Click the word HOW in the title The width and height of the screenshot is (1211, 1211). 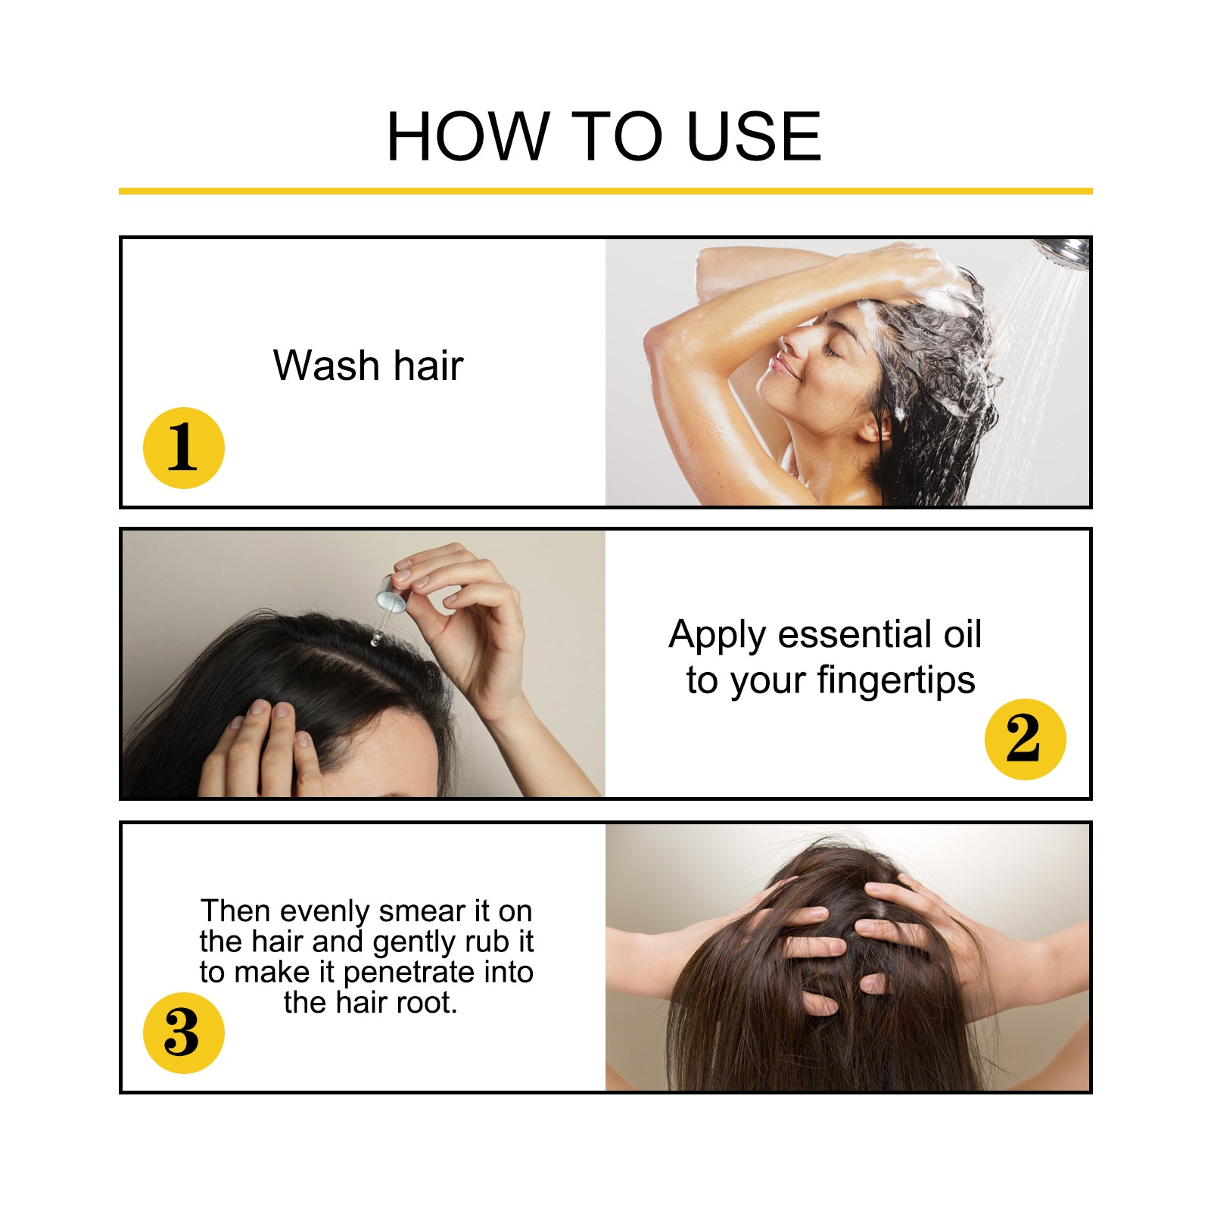pyautogui.click(x=467, y=137)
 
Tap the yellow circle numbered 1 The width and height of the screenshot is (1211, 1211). pyautogui.click(x=184, y=447)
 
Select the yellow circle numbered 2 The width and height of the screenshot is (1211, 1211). pyautogui.click(x=1025, y=739)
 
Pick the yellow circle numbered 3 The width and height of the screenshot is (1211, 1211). pyautogui.click(x=184, y=1032)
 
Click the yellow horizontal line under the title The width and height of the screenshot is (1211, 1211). pyautogui.click(x=605, y=191)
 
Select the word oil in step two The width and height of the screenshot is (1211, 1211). pyautogui.click(x=962, y=634)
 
